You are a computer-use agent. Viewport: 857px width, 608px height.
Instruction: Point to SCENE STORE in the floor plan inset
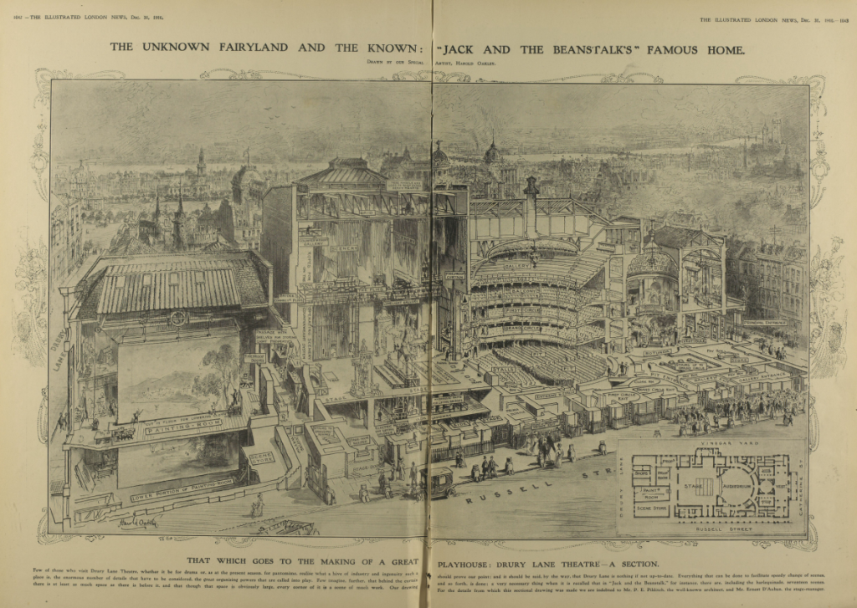point(649,509)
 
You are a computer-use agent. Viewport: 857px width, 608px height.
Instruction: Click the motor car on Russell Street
point(439,482)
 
